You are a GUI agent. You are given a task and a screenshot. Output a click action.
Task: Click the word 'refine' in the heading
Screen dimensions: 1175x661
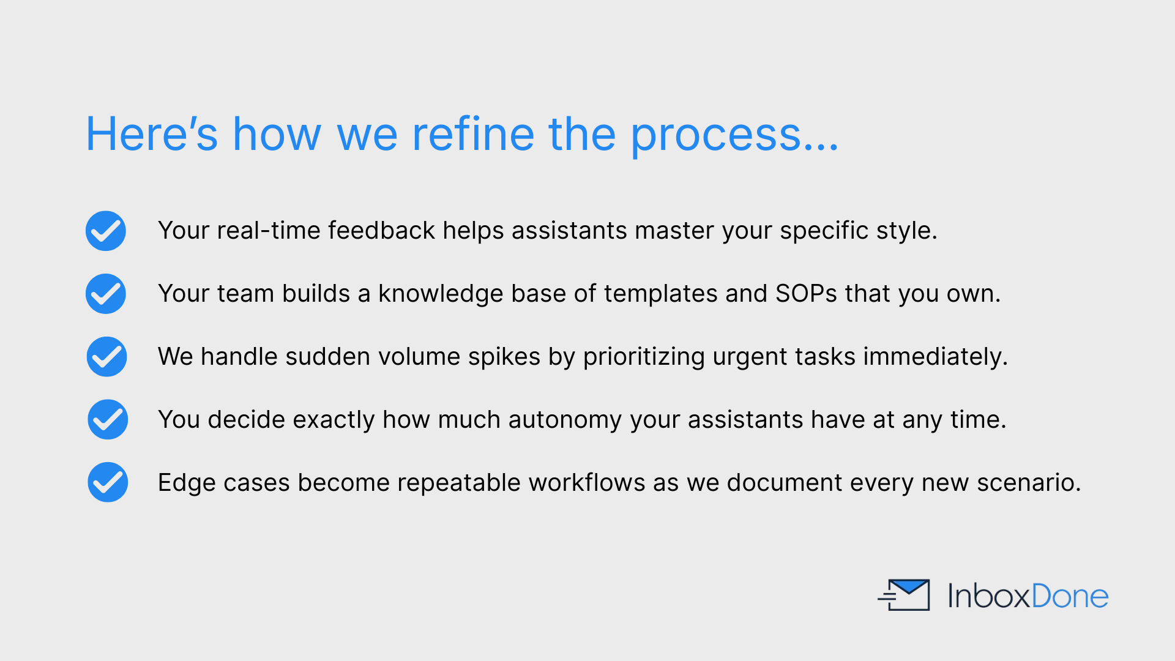point(473,134)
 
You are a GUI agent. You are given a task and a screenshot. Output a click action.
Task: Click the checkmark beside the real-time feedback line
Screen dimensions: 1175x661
point(106,231)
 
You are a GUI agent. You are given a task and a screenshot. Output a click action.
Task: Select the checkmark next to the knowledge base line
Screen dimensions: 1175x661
point(106,294)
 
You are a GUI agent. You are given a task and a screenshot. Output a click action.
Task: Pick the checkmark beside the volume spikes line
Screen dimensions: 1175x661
point(106,357)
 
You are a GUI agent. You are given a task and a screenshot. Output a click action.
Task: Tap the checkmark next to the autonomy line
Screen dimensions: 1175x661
point(108,420)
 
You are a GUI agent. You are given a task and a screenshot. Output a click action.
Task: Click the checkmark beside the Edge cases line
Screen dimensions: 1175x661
point(108,482)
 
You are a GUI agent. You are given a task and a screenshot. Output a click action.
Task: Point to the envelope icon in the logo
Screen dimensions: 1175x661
point(904,595)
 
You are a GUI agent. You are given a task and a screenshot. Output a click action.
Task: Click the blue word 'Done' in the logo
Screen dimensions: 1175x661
point(1070,596)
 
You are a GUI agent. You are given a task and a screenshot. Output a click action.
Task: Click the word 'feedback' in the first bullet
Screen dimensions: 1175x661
point(382,231)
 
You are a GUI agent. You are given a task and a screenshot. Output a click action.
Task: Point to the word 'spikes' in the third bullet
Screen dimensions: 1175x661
point(504,357)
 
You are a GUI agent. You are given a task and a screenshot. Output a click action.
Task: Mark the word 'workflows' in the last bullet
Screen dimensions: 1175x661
point(587,483)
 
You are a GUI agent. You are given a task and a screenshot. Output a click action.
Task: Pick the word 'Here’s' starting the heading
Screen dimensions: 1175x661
point(152,134)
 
